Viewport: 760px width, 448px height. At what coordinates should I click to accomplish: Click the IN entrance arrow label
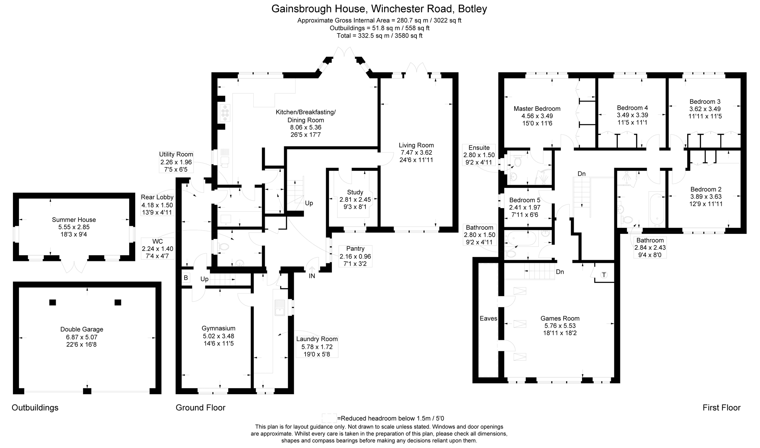(x=312, y=276)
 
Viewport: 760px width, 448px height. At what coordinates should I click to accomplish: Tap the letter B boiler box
(x=186, y=278)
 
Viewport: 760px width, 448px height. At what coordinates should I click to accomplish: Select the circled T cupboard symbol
(x=604, y=275)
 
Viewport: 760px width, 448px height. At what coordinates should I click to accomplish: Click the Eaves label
(x=488, y=318)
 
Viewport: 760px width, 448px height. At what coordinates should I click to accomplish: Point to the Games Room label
(x=560, y=318)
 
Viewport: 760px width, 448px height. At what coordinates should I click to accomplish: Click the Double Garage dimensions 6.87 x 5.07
(x=82, y=337)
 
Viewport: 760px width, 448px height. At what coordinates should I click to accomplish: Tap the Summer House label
(x=74, y=220)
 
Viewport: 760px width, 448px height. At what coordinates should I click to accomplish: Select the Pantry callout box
(x=355, y=256)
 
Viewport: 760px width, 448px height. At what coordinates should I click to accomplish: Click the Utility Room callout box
(x=176, y=162)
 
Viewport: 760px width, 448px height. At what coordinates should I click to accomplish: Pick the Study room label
(x=355, y=192)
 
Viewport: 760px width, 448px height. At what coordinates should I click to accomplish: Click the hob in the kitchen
(x=225, y=113)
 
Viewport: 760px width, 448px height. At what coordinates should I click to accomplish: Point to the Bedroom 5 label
(x=524, y=200)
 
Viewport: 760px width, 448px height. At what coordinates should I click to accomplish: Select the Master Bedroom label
(x=537, y=109)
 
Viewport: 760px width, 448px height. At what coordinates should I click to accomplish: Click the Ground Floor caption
(x=200, y=408)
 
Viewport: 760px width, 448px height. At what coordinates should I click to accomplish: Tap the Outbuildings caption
(x=35, y=408)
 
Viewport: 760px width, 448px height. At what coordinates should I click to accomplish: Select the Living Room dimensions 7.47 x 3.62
(x=416, y=152)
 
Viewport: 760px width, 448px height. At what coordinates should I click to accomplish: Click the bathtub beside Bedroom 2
(x=656, y=209)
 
